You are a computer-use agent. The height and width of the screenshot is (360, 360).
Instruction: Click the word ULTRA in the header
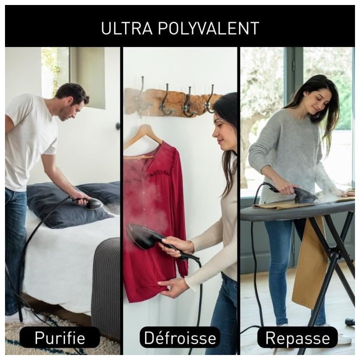(x=126, y=28)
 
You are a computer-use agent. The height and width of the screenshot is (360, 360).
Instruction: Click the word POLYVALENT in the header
(x=208, y=28)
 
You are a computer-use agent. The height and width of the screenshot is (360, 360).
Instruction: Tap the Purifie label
(x=59, y=337)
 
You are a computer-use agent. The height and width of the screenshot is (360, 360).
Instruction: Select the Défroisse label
(x=180, y=337)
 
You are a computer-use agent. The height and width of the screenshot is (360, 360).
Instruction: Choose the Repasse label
(x=297, y=337)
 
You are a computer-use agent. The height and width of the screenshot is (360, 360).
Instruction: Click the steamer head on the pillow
(x=93, y=203)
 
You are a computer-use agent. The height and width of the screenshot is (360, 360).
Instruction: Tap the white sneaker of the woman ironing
(x=343, y=338)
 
